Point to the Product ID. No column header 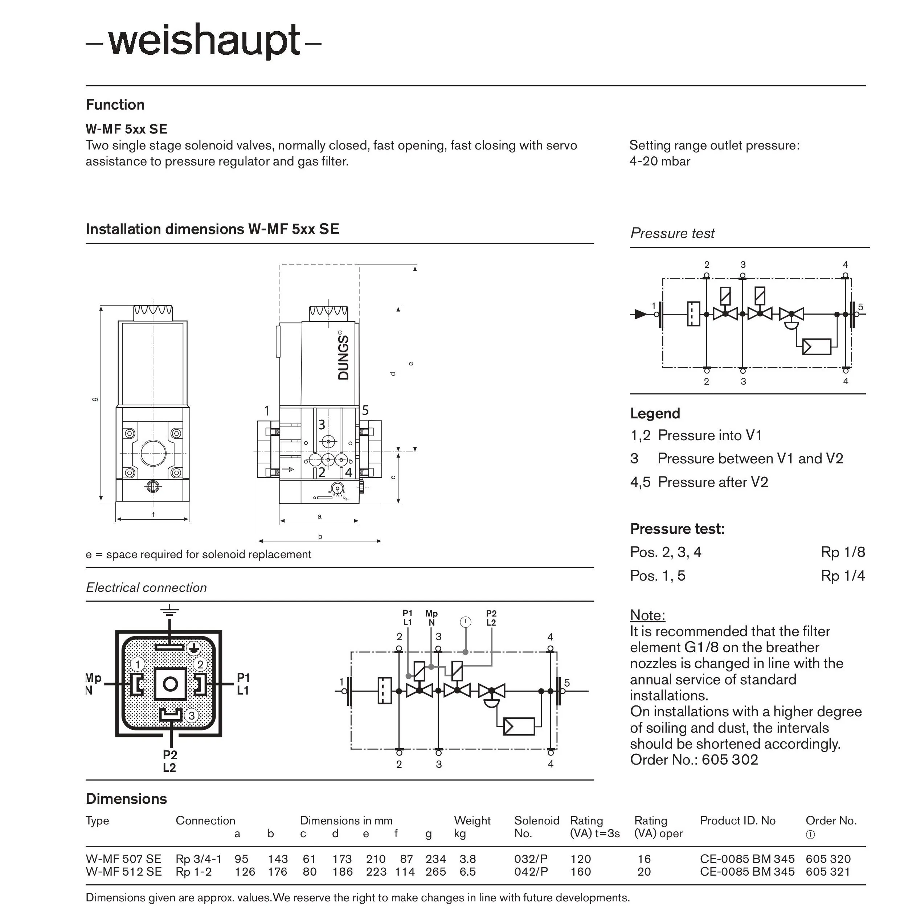pyautogui.click(x=737, y=820)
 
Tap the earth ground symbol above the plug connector pyautogui.click(x=170, y=611)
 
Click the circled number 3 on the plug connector pyautogui.click(x=192, y=716)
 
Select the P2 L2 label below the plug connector pyautogui.click(x=170, y=761)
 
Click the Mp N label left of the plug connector pyautogui.click(x=93, y=684)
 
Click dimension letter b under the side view pyautogui.click(x=320, y=536)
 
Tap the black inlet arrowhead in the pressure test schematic pyautogui.click(x=641, y=314)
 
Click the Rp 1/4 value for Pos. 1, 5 pyautogui.click(x=842, y=576)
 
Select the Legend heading pyautogui.click(x=655, y=413)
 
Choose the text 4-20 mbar pyautogui.click(x=659, y=161)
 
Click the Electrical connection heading pyautogui.click(x=147, y=587)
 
